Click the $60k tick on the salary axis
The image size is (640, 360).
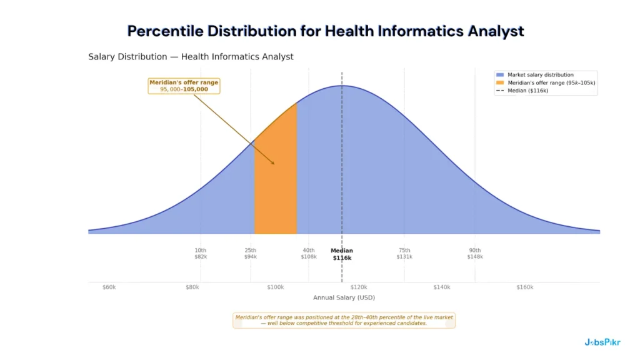point(109,287)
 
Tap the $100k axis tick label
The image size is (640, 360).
point(275,287)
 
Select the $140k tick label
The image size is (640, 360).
point(441,287)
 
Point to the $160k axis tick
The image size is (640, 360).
point(524,287)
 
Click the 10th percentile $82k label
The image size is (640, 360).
point(200,253)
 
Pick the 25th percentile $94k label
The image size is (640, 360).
point(250,253)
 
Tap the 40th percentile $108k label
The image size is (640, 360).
point(309,253)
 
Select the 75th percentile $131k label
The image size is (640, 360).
point(404,253)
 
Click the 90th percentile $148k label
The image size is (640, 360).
point(475,253)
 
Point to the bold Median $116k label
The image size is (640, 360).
point(342,254)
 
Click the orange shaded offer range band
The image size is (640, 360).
point(276,187)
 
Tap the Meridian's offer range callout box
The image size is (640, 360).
point(184,86)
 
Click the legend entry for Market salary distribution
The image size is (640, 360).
point(540,75)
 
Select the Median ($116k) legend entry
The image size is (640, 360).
point(527,91)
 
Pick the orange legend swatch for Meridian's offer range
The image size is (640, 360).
point(500,82)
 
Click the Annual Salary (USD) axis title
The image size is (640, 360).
point(344,297)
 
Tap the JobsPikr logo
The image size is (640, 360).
point(602,342)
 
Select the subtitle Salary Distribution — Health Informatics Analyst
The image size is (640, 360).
point(191,57)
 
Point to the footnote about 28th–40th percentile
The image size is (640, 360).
point(344,320)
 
